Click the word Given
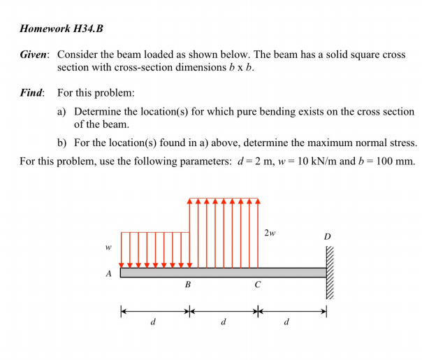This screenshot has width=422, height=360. tap(34, 54)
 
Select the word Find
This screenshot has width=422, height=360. tap(31, 92)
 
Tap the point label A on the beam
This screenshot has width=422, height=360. tap(108, 274)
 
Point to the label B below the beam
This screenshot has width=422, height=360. tap(187, 285)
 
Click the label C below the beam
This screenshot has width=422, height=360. tap(257, 285)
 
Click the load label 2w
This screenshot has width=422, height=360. tap(270, 232)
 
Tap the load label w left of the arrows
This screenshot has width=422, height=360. tap(108, 247)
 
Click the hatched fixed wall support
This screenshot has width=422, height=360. tap(330, 273)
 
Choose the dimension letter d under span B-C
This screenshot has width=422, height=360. tap(222, 322)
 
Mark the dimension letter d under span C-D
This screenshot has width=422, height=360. tap(286, 322)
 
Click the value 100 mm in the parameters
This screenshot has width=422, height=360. tap(394, 161)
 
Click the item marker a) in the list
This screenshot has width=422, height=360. tap(62, 112)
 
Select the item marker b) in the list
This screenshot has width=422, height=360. tap(62, 143)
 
